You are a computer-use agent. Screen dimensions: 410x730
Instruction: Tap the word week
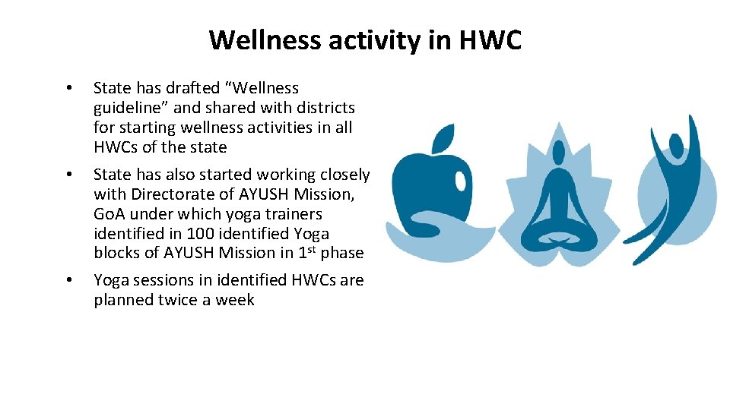pos(234,300)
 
